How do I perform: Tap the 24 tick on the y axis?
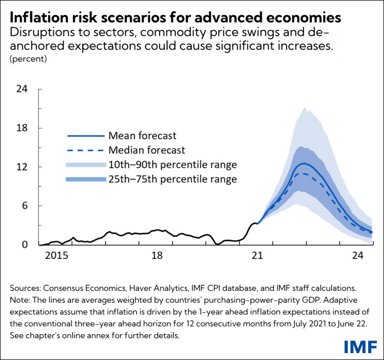click(22, 89)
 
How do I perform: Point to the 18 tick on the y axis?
click(22, 128)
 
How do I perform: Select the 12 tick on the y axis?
click(22, 167)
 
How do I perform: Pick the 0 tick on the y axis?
click(24, 245)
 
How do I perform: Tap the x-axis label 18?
click(156, 256)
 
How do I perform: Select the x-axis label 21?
click(257, 256)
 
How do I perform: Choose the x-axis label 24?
click(358, 256)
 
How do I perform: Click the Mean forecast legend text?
click(142, 136)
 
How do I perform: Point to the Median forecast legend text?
click(146, 150)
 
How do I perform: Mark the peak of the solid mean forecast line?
click(303, 163)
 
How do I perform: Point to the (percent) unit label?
click(28, 59)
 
